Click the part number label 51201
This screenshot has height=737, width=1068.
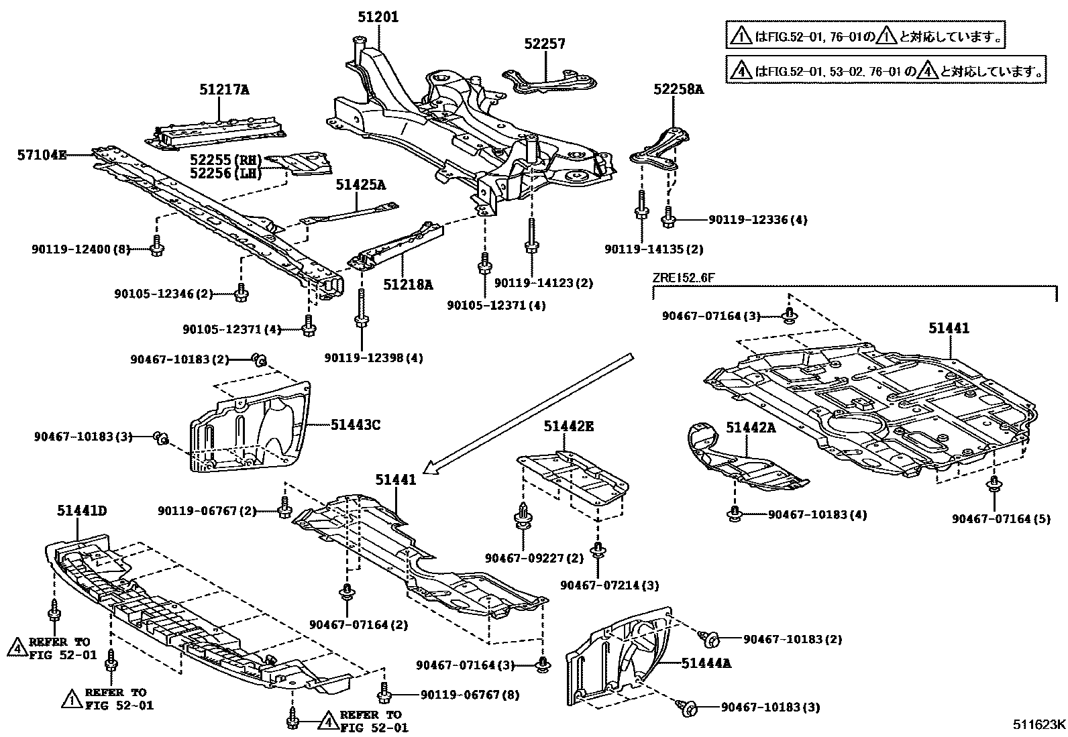[378, 17]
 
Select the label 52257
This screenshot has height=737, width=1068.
[545, 44]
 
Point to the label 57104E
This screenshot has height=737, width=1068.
[42, 156]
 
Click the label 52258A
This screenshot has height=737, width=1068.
[679, 89]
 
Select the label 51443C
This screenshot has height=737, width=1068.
[356, 424]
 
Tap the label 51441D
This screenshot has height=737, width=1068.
[81, 512]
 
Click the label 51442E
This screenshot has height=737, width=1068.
[569, 426]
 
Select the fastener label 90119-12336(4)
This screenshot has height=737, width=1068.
[758, 219]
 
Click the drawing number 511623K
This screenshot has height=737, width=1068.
[1038, 724]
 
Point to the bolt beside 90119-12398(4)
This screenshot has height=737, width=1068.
[361, 314]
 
